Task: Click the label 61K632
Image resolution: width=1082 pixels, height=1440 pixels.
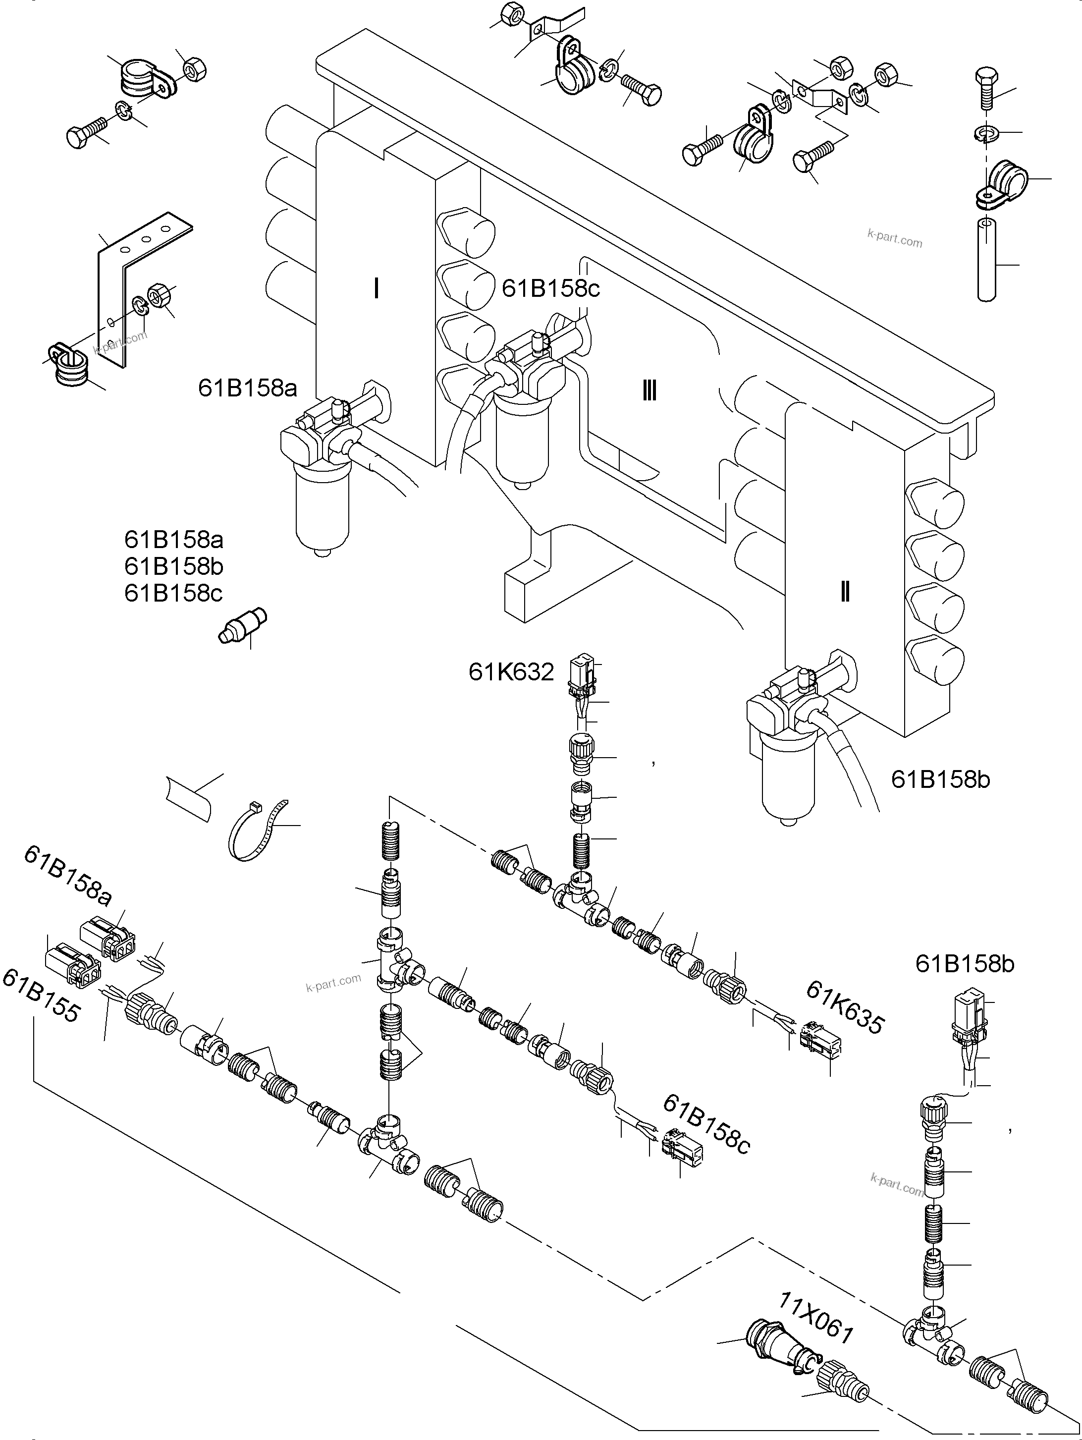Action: pyautogui.click(x=511, y=672)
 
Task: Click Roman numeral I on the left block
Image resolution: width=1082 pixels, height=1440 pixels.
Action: pyautogui.click(x=377, y=288)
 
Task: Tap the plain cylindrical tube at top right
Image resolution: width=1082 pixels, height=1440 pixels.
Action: pyautogui.click(x=987, y=260)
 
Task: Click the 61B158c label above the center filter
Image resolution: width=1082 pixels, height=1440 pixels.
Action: pyautogui.click(x=551, y=288)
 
